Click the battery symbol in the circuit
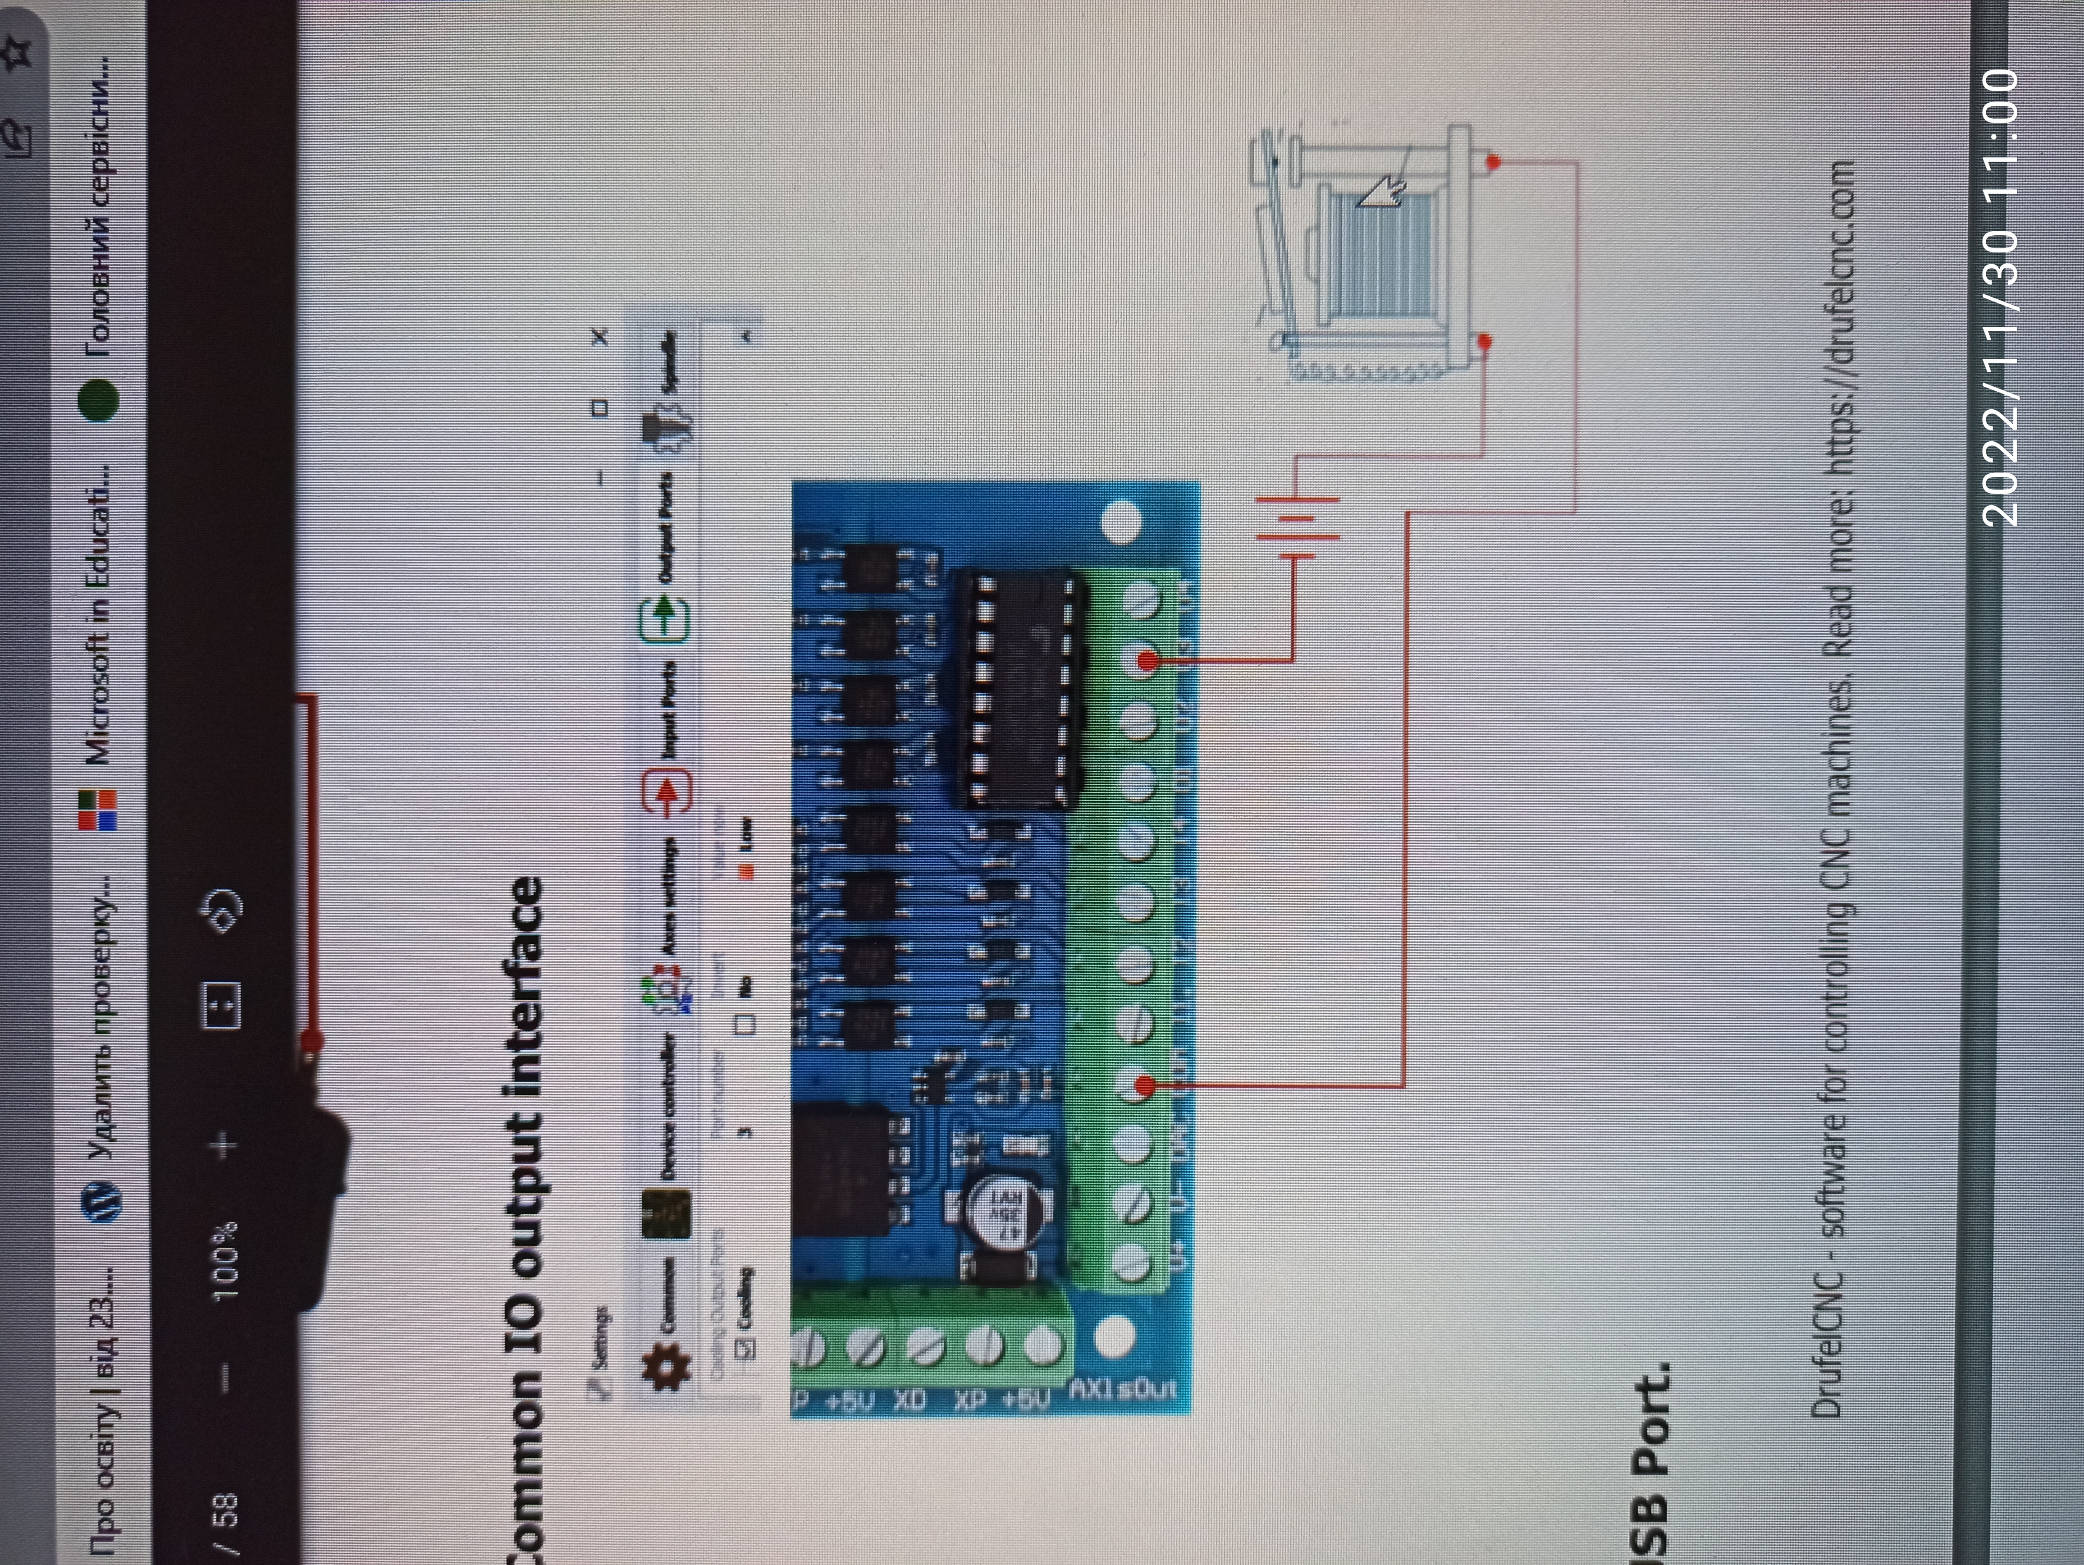pos(1295,528)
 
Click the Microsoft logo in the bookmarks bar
pos(98,810)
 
